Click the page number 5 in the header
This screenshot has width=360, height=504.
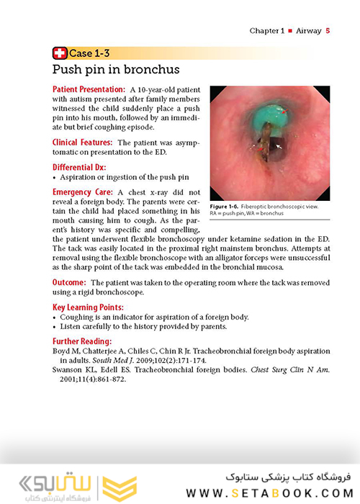pos(328,31)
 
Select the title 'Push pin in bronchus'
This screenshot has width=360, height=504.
pos(115,70)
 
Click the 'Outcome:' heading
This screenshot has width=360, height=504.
pos(70,283)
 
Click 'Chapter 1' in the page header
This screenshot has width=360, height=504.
pos(267,31)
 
